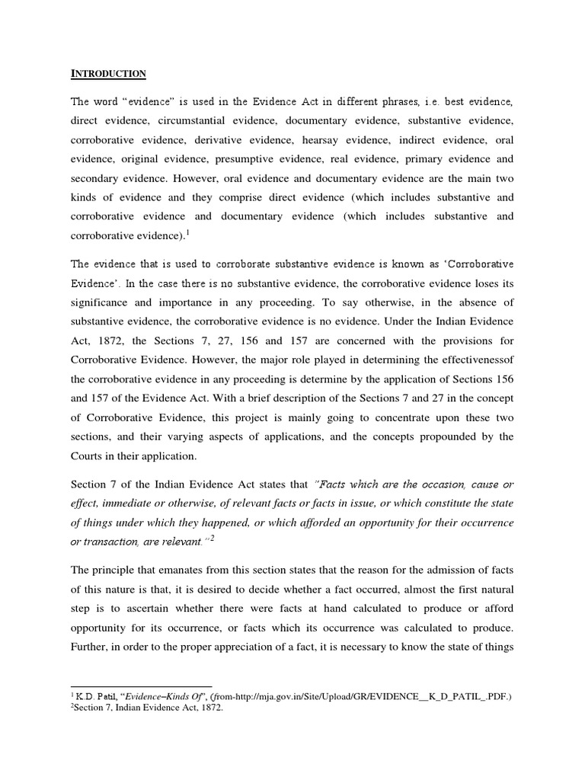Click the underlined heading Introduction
pyautogui.click(x=108, y=74)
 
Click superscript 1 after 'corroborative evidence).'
pyautogui.click(x=189, y=233)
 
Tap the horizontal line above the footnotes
pyautogui.click(x=141, y=686)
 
